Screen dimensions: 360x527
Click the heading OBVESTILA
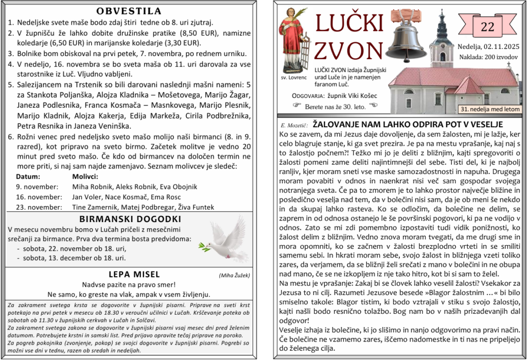coord(129,11)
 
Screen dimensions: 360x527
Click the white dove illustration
coord(224,240)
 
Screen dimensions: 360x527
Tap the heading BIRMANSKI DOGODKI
coord(130,219)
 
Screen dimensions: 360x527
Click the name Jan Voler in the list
coord(87,197)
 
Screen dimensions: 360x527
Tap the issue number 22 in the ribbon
coord(487,27)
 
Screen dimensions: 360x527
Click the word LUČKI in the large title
coord(349,23)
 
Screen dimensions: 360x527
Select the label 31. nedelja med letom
coord(489,109)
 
